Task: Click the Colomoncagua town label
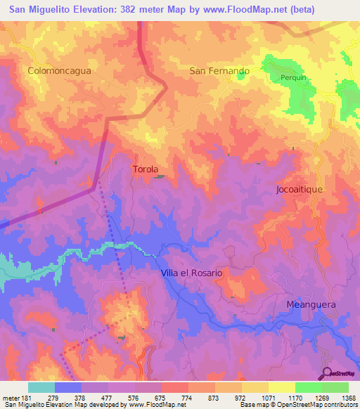click(60, 71)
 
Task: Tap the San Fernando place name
click(219, 71)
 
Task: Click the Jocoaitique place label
click(303, 190)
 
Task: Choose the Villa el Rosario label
click(192, 273)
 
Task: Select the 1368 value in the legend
click(347, 397)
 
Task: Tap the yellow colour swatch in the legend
click(281, 387)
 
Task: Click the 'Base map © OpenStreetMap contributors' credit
click(299, 405)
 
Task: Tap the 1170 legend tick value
click(294, 397)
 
